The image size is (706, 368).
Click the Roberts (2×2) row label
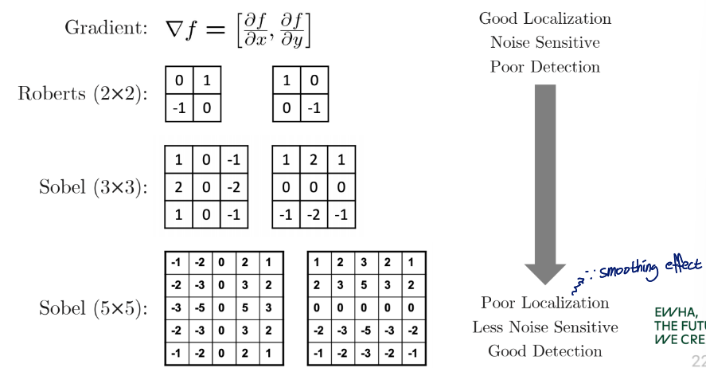tap(82, 94)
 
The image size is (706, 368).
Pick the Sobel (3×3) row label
tap(93, 187)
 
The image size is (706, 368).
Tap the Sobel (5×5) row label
tap(93, 307)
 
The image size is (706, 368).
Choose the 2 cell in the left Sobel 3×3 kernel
tap(178, 187)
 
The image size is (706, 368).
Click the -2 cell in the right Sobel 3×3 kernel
tap(313, 214)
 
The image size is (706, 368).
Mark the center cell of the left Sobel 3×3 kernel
tap(205, 187)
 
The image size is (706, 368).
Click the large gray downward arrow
tap(544, 183)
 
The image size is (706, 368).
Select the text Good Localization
tap(544, 18)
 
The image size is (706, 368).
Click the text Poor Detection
tap(544, 67)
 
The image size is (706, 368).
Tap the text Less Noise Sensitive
tap(544, 327)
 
